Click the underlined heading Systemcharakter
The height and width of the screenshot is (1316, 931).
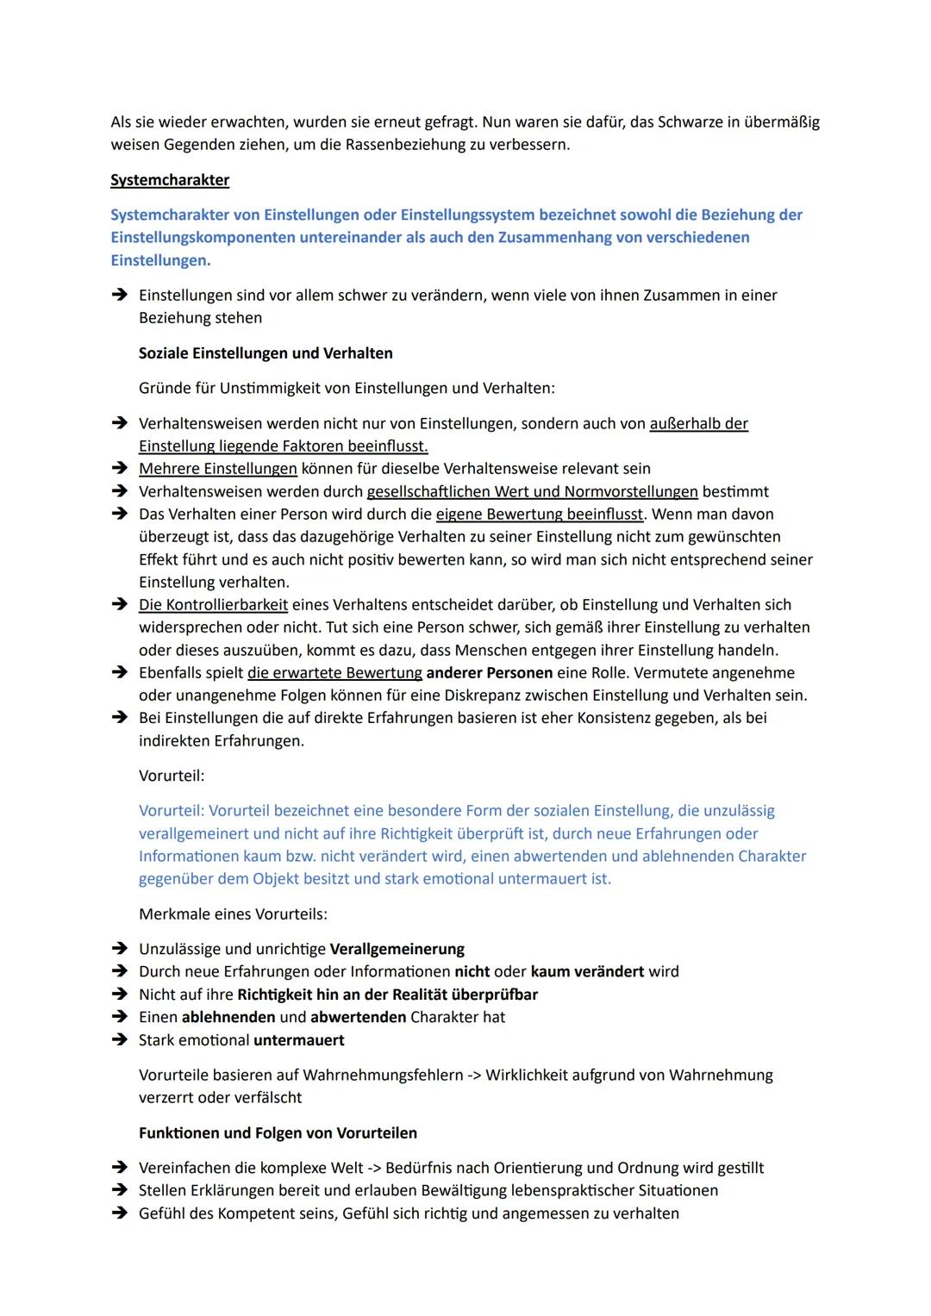[x=170, y=180]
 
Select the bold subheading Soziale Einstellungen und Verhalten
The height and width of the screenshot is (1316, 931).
[x=266, y=353]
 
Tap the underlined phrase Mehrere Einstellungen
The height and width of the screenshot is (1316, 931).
[x=218, y=469]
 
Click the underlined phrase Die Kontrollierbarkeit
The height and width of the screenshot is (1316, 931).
[x=213, y=605]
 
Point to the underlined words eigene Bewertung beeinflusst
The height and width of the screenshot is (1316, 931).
[x=540, y=515]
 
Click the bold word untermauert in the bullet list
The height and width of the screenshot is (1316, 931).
[x=298, y=1040]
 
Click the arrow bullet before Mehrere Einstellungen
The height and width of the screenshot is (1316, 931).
[x=118, y=469]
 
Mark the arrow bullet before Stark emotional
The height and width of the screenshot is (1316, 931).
[x=118, y=1040]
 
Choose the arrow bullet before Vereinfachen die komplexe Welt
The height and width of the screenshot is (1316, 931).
[x=118, y=1168]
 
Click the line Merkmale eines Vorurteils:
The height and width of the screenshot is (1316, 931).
[x=233, y=914]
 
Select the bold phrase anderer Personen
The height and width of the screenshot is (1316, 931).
[x=489, y=673]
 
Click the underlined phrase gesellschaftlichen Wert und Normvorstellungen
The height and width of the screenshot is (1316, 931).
[x=532, y=492]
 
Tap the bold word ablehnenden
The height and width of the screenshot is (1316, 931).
[x=228, y=1018]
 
